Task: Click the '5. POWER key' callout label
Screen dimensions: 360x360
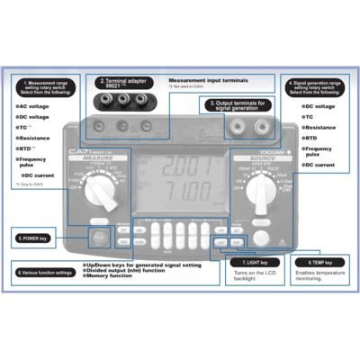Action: pos(35,238)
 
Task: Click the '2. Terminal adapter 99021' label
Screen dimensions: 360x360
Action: pos(123,82)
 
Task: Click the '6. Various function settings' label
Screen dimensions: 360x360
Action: pos(47,271)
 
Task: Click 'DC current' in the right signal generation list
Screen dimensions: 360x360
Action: pos(321,166)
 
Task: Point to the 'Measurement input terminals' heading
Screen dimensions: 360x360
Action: pos(210,80)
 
